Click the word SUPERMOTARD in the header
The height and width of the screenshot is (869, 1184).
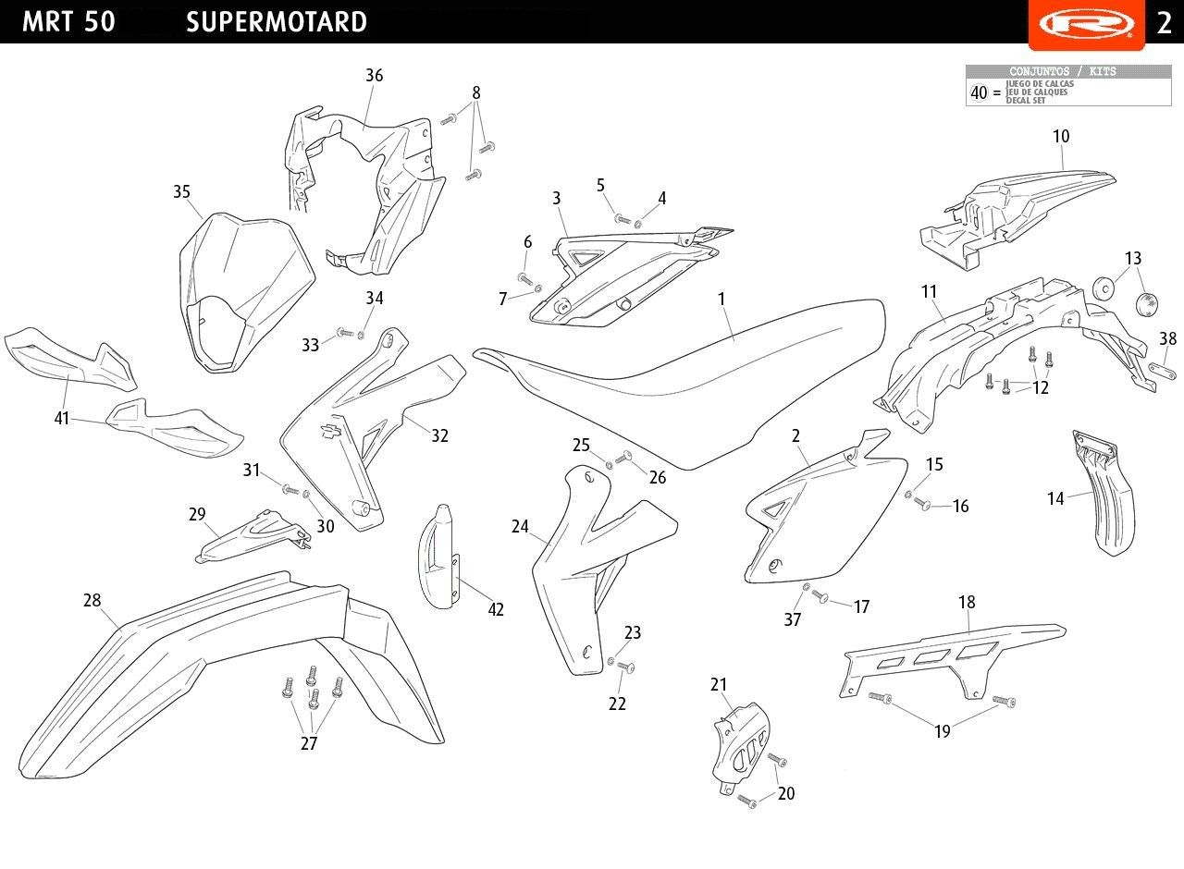point(276,22)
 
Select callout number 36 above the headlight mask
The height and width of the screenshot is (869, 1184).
point(374,76)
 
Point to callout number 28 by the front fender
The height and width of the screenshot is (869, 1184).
point(92,601)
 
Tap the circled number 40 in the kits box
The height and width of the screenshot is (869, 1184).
point(979,92)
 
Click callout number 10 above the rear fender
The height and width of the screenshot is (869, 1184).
point(1061,137)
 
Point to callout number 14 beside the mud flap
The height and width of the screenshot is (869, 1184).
point(1055,499)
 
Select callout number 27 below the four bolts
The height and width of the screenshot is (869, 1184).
point(309,744)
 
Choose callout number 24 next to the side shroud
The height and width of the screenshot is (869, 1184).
point(520,527)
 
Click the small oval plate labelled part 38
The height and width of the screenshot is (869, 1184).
point(1161,368)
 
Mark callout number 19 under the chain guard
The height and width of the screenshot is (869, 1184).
point(942,732)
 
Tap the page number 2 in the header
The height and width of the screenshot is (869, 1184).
point(1164,22)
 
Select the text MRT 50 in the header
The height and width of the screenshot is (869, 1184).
point(68,22)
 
